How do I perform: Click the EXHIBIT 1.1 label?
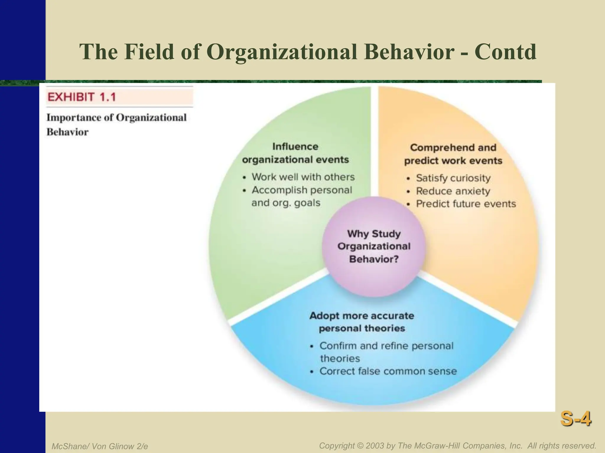(x=82, y=97)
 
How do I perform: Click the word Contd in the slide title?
(x=505, y=52)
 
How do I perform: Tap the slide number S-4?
(x=575, y=419)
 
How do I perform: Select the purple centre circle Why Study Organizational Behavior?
(x=374, y=247)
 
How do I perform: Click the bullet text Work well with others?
(x=303, y=177)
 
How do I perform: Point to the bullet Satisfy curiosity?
(x=453, y=178)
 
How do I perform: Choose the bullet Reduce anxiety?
(x=453, y=191)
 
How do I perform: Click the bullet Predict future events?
(x=466, y=204)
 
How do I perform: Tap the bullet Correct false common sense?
(x=388, y=371)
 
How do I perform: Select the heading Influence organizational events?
(x=295, y=153)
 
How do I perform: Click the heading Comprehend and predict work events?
(x=453, y=154)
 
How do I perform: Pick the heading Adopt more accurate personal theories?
(x=362, y=322)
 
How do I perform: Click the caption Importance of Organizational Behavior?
(x=116, y=124)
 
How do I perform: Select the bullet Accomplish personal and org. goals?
(x=301, y=196)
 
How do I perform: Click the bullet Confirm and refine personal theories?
(x=386, y=352)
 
